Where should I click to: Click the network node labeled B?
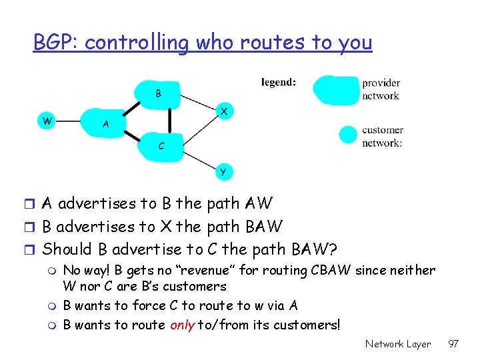tap(158, 94)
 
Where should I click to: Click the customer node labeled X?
tap(224, 112)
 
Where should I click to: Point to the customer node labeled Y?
tap(223, 171)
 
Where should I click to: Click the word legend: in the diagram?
tap(279, 83)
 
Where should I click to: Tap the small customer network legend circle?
tap(348, 135)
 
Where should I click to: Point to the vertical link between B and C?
tap(170, 120)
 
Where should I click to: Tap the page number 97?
tap(454, 344)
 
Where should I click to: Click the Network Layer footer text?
tap(398, 344)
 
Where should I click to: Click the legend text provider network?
tap(381, 89)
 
